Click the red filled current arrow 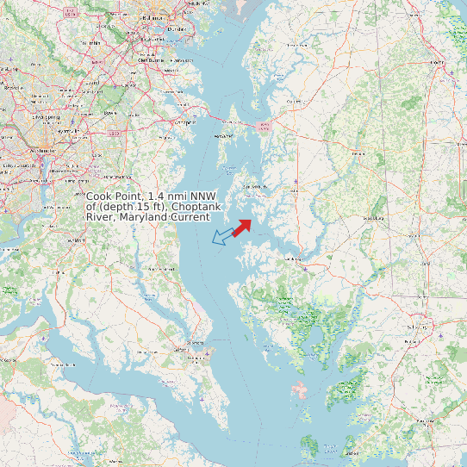click(241, 227)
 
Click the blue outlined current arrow click(222, 236)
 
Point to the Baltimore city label click(153, 17)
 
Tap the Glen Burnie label click(150, 60)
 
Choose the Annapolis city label click(184, 121)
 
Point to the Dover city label click(438, 63)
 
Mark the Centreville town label click(294, 101)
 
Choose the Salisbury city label click(419, 327)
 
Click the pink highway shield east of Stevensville click(264, 126)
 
